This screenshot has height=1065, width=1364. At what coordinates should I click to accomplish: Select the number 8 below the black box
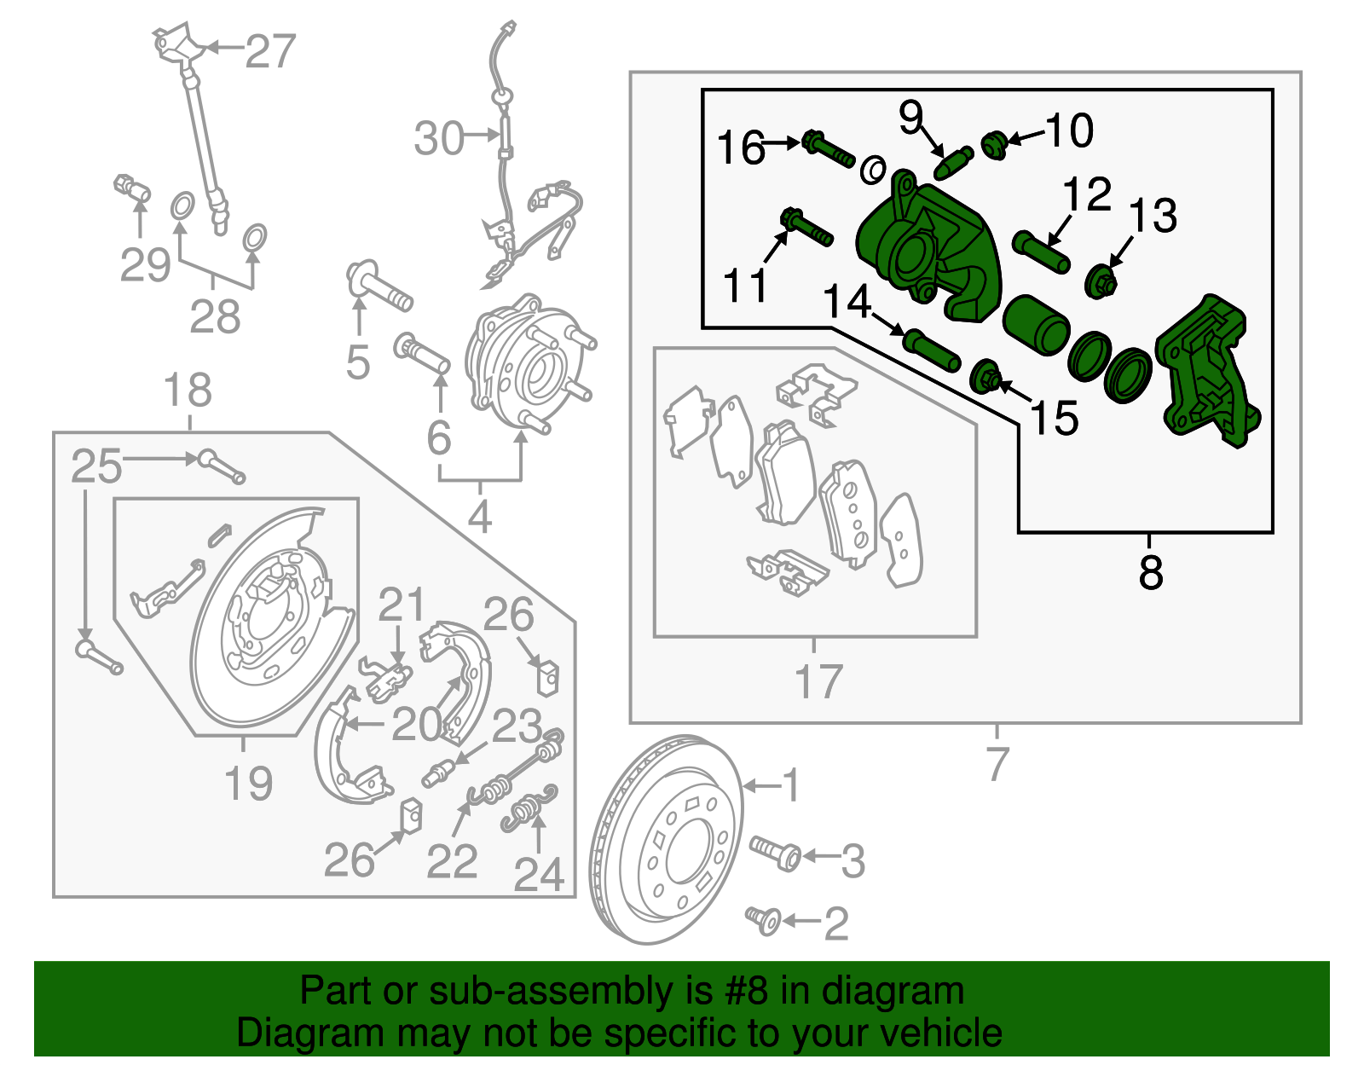(x=1150, y=572)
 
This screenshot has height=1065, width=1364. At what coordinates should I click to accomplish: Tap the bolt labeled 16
(x=827, y=150)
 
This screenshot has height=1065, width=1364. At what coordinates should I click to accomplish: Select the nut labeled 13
(x=1101, y=281)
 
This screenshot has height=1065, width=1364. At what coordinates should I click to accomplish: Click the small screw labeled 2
(x=764, y=919)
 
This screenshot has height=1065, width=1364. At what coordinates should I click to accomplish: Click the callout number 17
(x=818, y=682)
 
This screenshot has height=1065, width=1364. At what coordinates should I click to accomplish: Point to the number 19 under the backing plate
(x=248, y=783)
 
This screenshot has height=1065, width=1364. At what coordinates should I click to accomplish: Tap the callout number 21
(x=401, y=606)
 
